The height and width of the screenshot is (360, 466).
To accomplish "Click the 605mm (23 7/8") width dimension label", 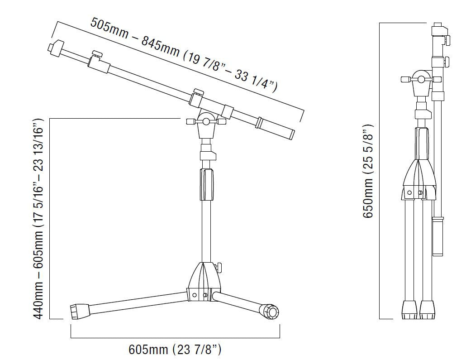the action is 175,349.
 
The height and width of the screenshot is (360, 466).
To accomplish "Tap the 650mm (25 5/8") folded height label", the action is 368,171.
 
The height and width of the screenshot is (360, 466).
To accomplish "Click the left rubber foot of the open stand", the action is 80,311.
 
